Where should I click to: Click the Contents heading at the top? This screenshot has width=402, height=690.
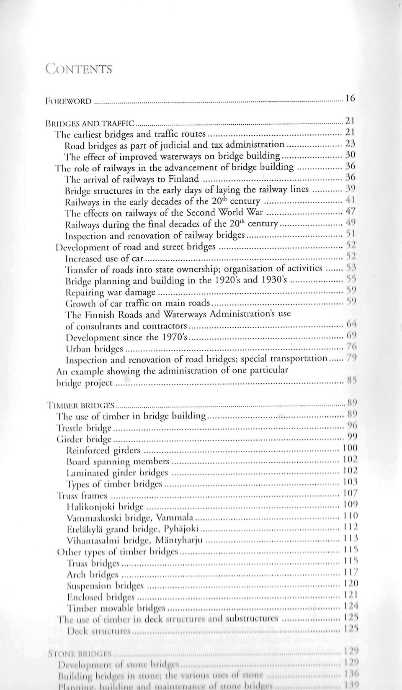pyautogui.click(x=79, y=69)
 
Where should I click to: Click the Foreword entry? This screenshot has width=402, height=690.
pyautogui.click(x=69, y=101)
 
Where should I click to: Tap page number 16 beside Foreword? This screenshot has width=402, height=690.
pyautogui.click(x=350, y=99)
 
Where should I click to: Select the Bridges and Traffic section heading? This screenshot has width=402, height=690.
pyautogui.click(x=90, y=123)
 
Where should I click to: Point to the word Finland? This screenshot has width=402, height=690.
pyautogui.click(x=183, y=179)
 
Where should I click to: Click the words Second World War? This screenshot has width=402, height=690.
pyautogui.click(x=224, y=212)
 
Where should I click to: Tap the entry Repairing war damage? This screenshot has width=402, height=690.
pyautogui.click(x=111, y=292)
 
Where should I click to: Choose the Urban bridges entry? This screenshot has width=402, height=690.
pyautogui.click(x=95, y=349)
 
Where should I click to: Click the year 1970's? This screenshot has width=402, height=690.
pyautogui.click(x=171, y=337)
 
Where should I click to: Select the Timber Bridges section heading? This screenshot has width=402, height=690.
pyautogui.click(x=81, y=405)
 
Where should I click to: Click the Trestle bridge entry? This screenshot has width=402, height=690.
pyautogui.click(x=84, y=428)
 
